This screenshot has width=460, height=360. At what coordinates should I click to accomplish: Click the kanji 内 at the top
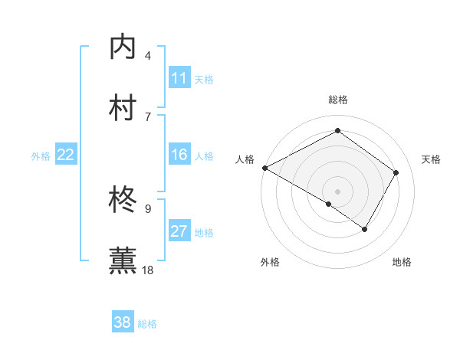pos(123,47)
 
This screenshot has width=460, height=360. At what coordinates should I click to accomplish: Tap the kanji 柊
pos(123,200)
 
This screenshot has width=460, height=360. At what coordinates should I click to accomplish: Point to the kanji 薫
pos(123,260)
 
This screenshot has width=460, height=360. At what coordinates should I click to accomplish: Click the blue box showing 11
pos(179,79)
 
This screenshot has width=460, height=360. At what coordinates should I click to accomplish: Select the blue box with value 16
pos(179,155)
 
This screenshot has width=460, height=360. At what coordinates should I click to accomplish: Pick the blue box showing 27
pos(179,232)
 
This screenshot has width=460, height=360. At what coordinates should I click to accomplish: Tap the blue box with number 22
pos(66,155)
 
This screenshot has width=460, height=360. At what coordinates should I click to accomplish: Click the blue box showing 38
pos(123,322)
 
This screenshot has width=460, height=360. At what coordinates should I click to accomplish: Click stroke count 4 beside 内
pos(148,56)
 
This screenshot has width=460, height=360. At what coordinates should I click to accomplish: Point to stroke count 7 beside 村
pos(148,116)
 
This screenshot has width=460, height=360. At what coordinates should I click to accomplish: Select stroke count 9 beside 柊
pos(148,208)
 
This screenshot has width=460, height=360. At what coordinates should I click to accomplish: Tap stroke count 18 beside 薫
pos(149,269)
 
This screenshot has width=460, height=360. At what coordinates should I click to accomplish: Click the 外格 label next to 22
pos(41,156)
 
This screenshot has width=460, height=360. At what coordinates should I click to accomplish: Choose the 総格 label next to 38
pos(147,324)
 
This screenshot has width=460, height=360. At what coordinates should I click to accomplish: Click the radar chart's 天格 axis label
pos(431,159)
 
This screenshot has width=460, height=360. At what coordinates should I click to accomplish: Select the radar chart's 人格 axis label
pos(245,159)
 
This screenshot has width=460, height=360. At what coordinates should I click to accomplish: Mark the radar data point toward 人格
pos(264,168)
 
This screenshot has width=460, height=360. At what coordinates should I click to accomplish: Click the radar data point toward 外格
pos(329,204)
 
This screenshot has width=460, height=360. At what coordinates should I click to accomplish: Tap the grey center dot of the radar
pos(337,191)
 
